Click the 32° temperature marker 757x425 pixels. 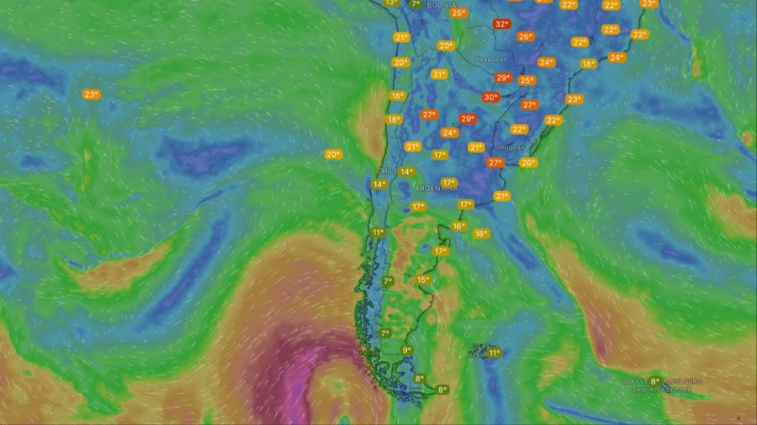pyautogui.click(x=502, y=24)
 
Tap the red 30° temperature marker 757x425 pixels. pyautogui.click(x=490, y=97)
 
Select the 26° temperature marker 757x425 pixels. pyautogui.click(x=526, y=36)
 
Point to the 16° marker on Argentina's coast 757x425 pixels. pyautogui.click(x=458, y=226)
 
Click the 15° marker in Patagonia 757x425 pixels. pyautogui.click(x=423, y=280)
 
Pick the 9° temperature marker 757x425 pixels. pyautogui.click(x=406, y=350)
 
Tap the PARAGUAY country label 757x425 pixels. pyautogui.click(x=492, y=61)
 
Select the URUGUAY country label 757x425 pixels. pyautogui.click(x=511, y=147)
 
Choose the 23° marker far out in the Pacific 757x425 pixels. pyautogui.click(x=91, y=94)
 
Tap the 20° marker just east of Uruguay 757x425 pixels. pyautogui.click(x=528, y=162)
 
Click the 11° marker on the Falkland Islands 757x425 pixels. pyautogui.click(x=494, y=353)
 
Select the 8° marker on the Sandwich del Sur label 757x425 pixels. pyautogui.click(x=654, y=381)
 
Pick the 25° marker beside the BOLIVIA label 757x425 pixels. pyautogui.click(x=458, y=13)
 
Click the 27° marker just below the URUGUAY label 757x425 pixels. pyautogui.click(x=495, y=162)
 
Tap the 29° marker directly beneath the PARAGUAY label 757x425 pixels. pyautogui.click(x=503, y=77)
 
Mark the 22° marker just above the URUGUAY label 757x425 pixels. pyautogui.click(x=519, y=129)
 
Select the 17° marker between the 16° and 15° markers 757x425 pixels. pyautogui.click(x=441, y=251)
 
